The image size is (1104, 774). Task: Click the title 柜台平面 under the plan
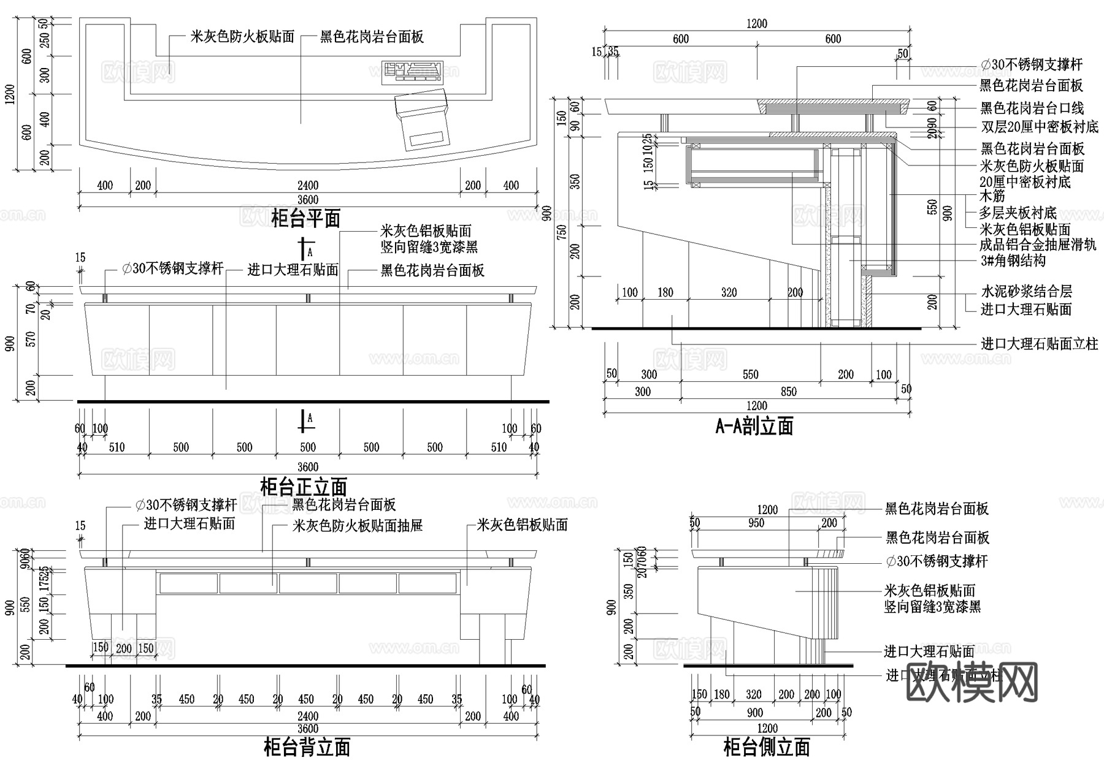[x=305, y=218]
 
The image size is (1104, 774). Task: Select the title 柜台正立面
[x=304, y=487]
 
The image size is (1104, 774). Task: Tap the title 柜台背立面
[x=307, y=747]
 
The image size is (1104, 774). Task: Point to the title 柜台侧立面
[x=767, y=747]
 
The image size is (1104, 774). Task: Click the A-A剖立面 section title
[x=754, y=425]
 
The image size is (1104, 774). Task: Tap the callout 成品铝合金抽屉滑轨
[x=1038, y=245]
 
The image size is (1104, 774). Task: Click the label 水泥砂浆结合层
[x=1026, y=292]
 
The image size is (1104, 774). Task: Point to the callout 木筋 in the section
[x=992, y=196]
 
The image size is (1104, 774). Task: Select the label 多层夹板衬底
[x=1018, y=213]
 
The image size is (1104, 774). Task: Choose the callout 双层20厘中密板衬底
[x=1040, y=127]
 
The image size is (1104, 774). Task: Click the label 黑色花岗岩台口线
[x=1032, y=108]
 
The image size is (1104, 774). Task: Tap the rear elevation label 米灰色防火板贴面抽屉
[x=358, y=525]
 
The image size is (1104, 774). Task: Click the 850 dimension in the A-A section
[x=789, y=392]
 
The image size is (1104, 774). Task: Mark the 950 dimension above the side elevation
[x=756, y=523]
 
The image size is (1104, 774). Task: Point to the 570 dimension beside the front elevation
[x=31, y=338]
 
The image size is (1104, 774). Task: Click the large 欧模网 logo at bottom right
[x=972, y=682]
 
